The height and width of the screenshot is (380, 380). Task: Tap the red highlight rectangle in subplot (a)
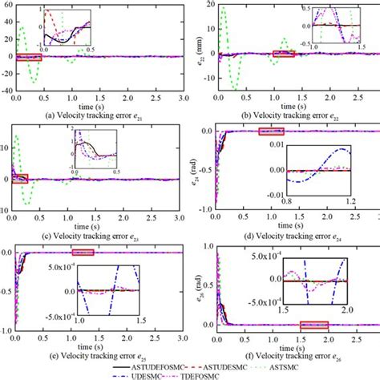pyautogui.click(x=28, y=58)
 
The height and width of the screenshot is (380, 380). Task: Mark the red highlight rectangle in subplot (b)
pyautogui.click(x=284, y=54)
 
